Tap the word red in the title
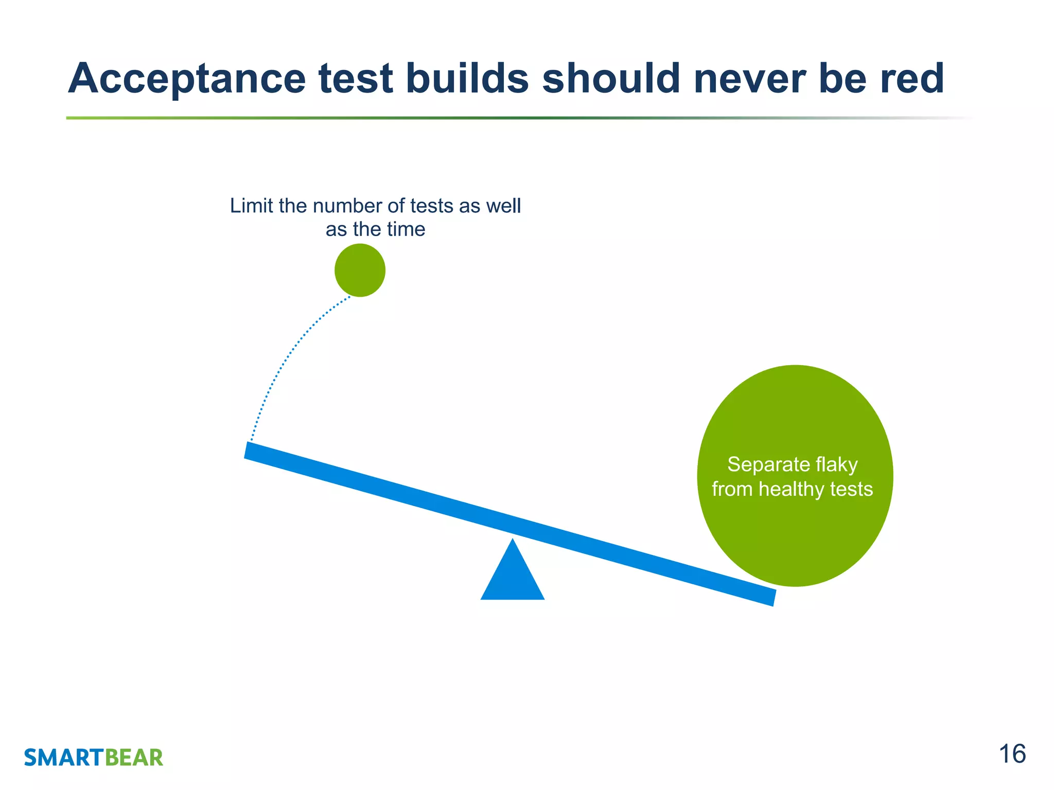tap(912, 79)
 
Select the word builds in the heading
tap(467, 79)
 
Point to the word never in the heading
tap(749, 79)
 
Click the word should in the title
tap(611, 79)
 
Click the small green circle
tap(360, 270)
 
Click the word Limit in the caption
tap(251, 206)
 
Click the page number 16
tap(1012, 755)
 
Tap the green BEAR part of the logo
tap(134, 758)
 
